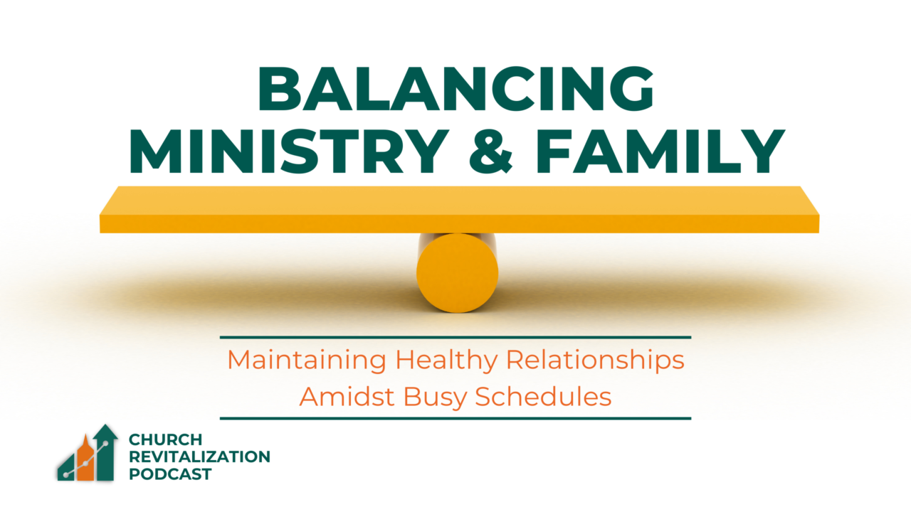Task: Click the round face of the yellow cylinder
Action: [x=457, y=273]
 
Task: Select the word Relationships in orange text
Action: [x=595, y=361]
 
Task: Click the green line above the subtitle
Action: [x=455, y=337]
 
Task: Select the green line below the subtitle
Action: [x=455, y=419]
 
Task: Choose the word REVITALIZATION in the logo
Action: [x=199, y=457]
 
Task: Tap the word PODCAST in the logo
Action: [x=170, y=474]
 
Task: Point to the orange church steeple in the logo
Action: [x=86, y=459]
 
